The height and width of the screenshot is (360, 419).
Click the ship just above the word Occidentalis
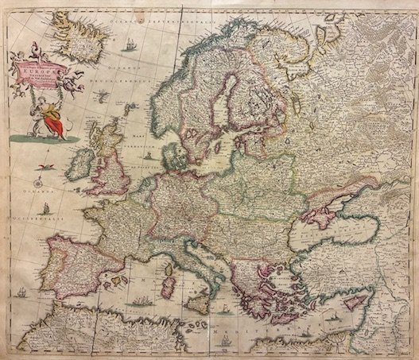click(x=45, y=209)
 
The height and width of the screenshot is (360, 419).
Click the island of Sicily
click(x=193, y=300)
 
